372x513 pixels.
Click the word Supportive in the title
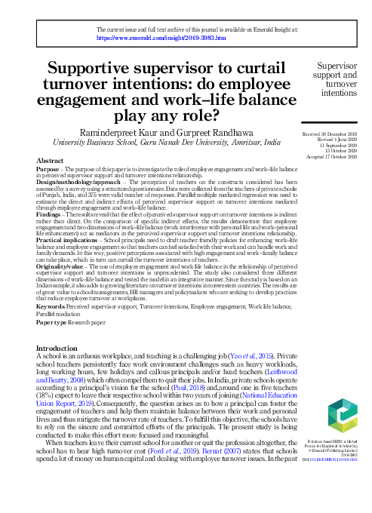[106, 68]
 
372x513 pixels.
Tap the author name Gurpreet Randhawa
[229, 130]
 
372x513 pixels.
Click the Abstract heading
[50, 161]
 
